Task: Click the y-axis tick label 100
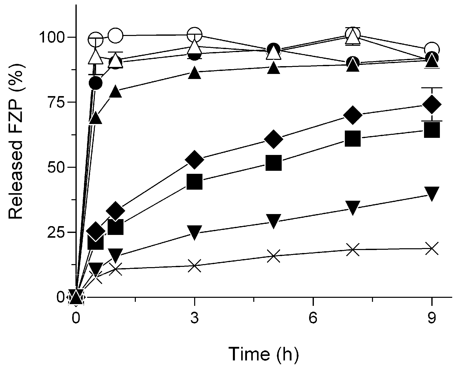[x=51, y=37]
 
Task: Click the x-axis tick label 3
[x=194, y=318]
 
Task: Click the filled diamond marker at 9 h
[x=432, y=104]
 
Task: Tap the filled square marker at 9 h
[x=432, y=130]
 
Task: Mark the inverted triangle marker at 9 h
[x=432, y=194]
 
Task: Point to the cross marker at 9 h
[x=432, y=249]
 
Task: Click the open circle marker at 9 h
[x=432, y=49]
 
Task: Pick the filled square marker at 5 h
[x=273, y=163]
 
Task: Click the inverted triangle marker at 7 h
[x=353, y=208]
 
